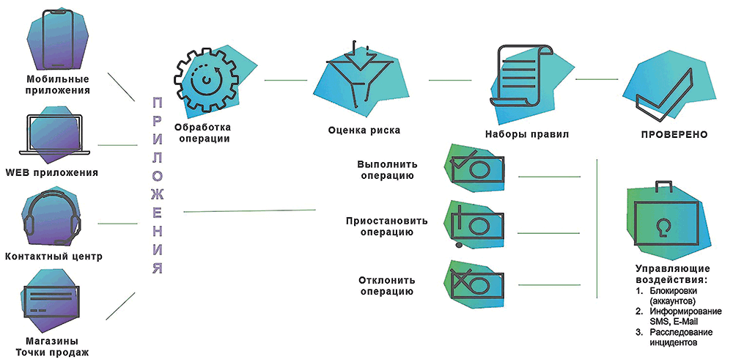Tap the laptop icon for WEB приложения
pyautogui.click(x=58, y=136)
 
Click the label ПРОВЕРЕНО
pyautogui.click(x=674, y=135)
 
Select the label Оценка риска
pyautogui.click(x=364, y=131)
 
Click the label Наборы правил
pyautogui.click(x=527, y=135)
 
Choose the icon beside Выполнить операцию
pyautogui.click(x=480, y=170)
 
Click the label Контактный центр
pyautogui.click(x=54, y=257)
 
